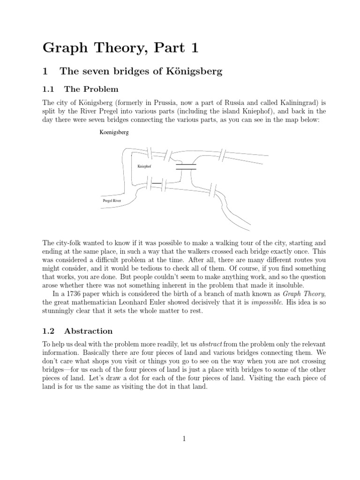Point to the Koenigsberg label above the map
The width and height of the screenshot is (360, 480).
pyautogui.click(x=114, y=133)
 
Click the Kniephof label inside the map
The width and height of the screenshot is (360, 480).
pyautogui.click(x=144, y=166)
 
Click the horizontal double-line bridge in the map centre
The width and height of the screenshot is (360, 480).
pyautogui.click(x=186, y=166)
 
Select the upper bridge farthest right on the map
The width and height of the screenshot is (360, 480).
pyautogui.click(x=223, y=154)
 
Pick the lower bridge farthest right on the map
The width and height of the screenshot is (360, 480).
pyautogui.click(x=215, y=190)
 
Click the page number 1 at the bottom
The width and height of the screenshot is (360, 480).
pyautogui.click(x=184, y=439)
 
